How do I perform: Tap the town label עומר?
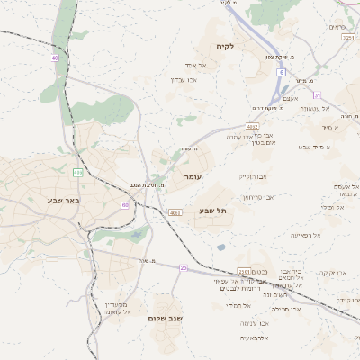(x=195, y=178)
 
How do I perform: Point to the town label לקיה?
(x=224, y=47)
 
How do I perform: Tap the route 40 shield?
(x=55, y=58)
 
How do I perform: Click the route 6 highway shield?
(x=281, y=72)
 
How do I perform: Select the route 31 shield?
(x=317, y=94)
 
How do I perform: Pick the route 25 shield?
(x=184, y=267)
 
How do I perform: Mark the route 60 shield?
(x=125, y=205)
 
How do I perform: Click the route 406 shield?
(x=78, y=172)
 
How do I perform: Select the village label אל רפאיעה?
(x=306, y=235)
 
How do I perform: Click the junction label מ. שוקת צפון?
(x=282, y=56)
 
